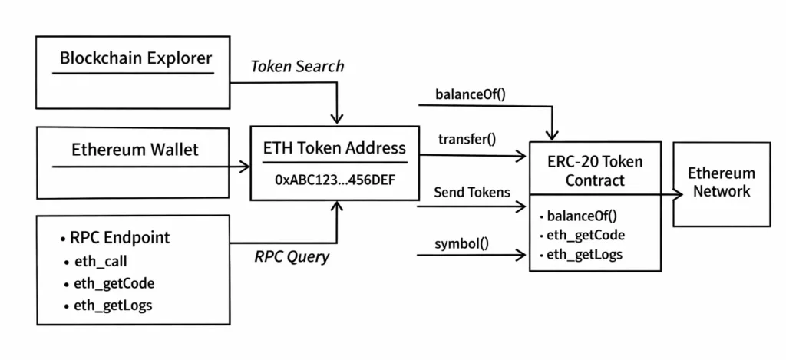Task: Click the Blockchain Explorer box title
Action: click(x=136, y=58)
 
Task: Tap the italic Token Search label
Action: click(x=297, y=67)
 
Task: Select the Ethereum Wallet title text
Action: click(x=134, y=150)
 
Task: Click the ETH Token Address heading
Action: click(x=335, y=147)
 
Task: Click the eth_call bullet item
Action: click(x=100, y=261)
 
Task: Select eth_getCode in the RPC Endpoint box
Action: click(x=114, y=283)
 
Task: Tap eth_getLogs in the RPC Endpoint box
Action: click(x=113, y=306)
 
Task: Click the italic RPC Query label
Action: click(x=291, y=257)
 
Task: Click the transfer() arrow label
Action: click(x=467, y=139)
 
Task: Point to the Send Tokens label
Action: click(x=471, y=192)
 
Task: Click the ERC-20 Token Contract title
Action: click(x=595, y=171)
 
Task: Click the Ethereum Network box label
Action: click(x=721, y=182)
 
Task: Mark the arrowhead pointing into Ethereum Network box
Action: click(x=679, y=195)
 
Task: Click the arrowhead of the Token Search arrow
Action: click(x=335, y=120)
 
